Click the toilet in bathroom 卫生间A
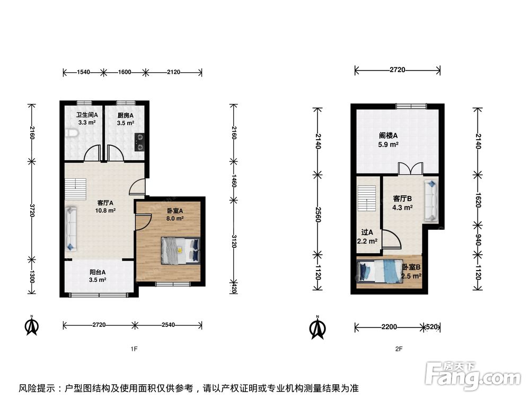72,133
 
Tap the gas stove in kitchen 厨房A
139,142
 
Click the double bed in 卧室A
180,250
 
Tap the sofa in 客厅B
431,201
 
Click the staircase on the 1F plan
75,189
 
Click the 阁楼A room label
388,136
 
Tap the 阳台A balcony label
98,272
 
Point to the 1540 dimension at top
84,72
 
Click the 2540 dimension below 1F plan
168,325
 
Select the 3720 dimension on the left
32,210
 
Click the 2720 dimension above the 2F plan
397,70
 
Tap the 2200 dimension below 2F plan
389,327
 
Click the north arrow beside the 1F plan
32,326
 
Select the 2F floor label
399,349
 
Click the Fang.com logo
472,375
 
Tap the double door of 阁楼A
410,169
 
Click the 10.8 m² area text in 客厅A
105,211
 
